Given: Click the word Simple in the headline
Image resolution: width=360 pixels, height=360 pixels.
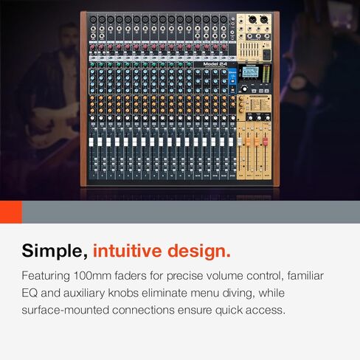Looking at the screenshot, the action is click(54, 251).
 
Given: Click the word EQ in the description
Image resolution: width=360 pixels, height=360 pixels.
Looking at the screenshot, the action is click(30, 293).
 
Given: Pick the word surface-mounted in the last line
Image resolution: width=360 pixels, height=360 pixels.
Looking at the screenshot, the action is click(65, 311).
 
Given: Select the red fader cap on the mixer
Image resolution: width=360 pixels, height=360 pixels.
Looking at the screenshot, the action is click(266, 141).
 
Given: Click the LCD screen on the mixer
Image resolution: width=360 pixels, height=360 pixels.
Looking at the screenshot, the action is click(250, 72).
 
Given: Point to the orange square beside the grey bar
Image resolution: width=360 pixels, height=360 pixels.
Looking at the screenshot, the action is click(11, 212).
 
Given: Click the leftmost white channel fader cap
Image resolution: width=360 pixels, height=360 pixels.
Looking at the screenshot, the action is click(91, 142).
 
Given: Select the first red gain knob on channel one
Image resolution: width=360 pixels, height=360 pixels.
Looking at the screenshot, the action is click(93, 46).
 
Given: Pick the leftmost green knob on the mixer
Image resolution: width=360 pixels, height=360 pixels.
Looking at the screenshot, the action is click(93, 65).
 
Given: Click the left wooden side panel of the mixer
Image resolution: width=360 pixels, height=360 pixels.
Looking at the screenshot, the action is click(83, 98).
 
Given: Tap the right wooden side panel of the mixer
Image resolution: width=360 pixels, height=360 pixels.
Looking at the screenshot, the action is click(276, 98).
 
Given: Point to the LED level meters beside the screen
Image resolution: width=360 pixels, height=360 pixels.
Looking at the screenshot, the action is click(266, 72).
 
